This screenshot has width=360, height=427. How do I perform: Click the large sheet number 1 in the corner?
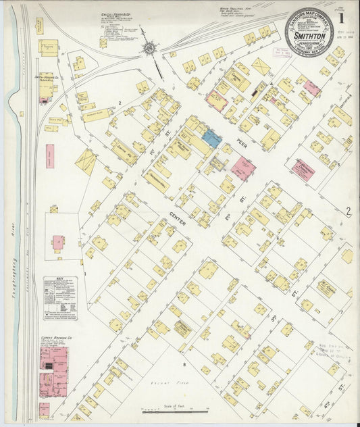pyautogui.click(x=347, y=11)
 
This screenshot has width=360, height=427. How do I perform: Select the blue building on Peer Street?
pyautogui.click(x=211, y=139)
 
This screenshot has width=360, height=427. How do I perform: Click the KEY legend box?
pyautogui.click(x=60, y=298)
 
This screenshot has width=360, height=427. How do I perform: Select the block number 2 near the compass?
pyautogui.click(x=120, y=103)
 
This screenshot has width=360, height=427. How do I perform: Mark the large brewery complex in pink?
pyautogui.click(x=53, y=372)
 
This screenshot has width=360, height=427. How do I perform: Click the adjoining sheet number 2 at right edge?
pyautogui.click(x=349, y=212)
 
